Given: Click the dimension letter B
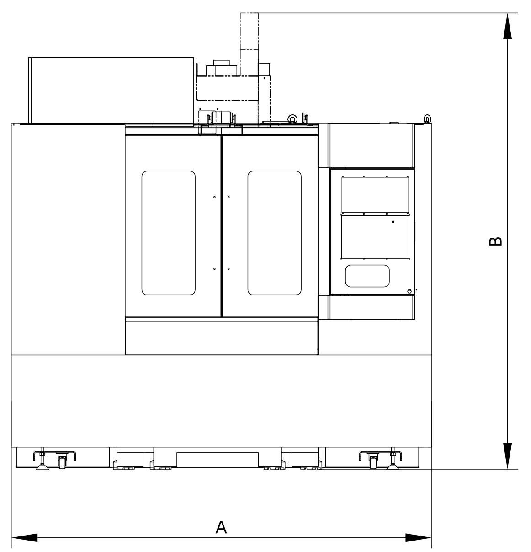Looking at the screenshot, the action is click(x=495, y=241).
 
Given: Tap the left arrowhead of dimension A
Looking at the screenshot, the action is click(x=24, y=537).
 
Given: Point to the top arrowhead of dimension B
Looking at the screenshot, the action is click(x=508, y=26).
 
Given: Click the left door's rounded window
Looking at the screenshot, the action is click(x=169, y=233).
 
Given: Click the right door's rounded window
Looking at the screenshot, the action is click(x=275, y=233).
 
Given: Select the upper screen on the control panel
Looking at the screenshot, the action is click(x=375, y=195).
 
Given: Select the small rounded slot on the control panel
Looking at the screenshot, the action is click(x=367, y=276).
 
